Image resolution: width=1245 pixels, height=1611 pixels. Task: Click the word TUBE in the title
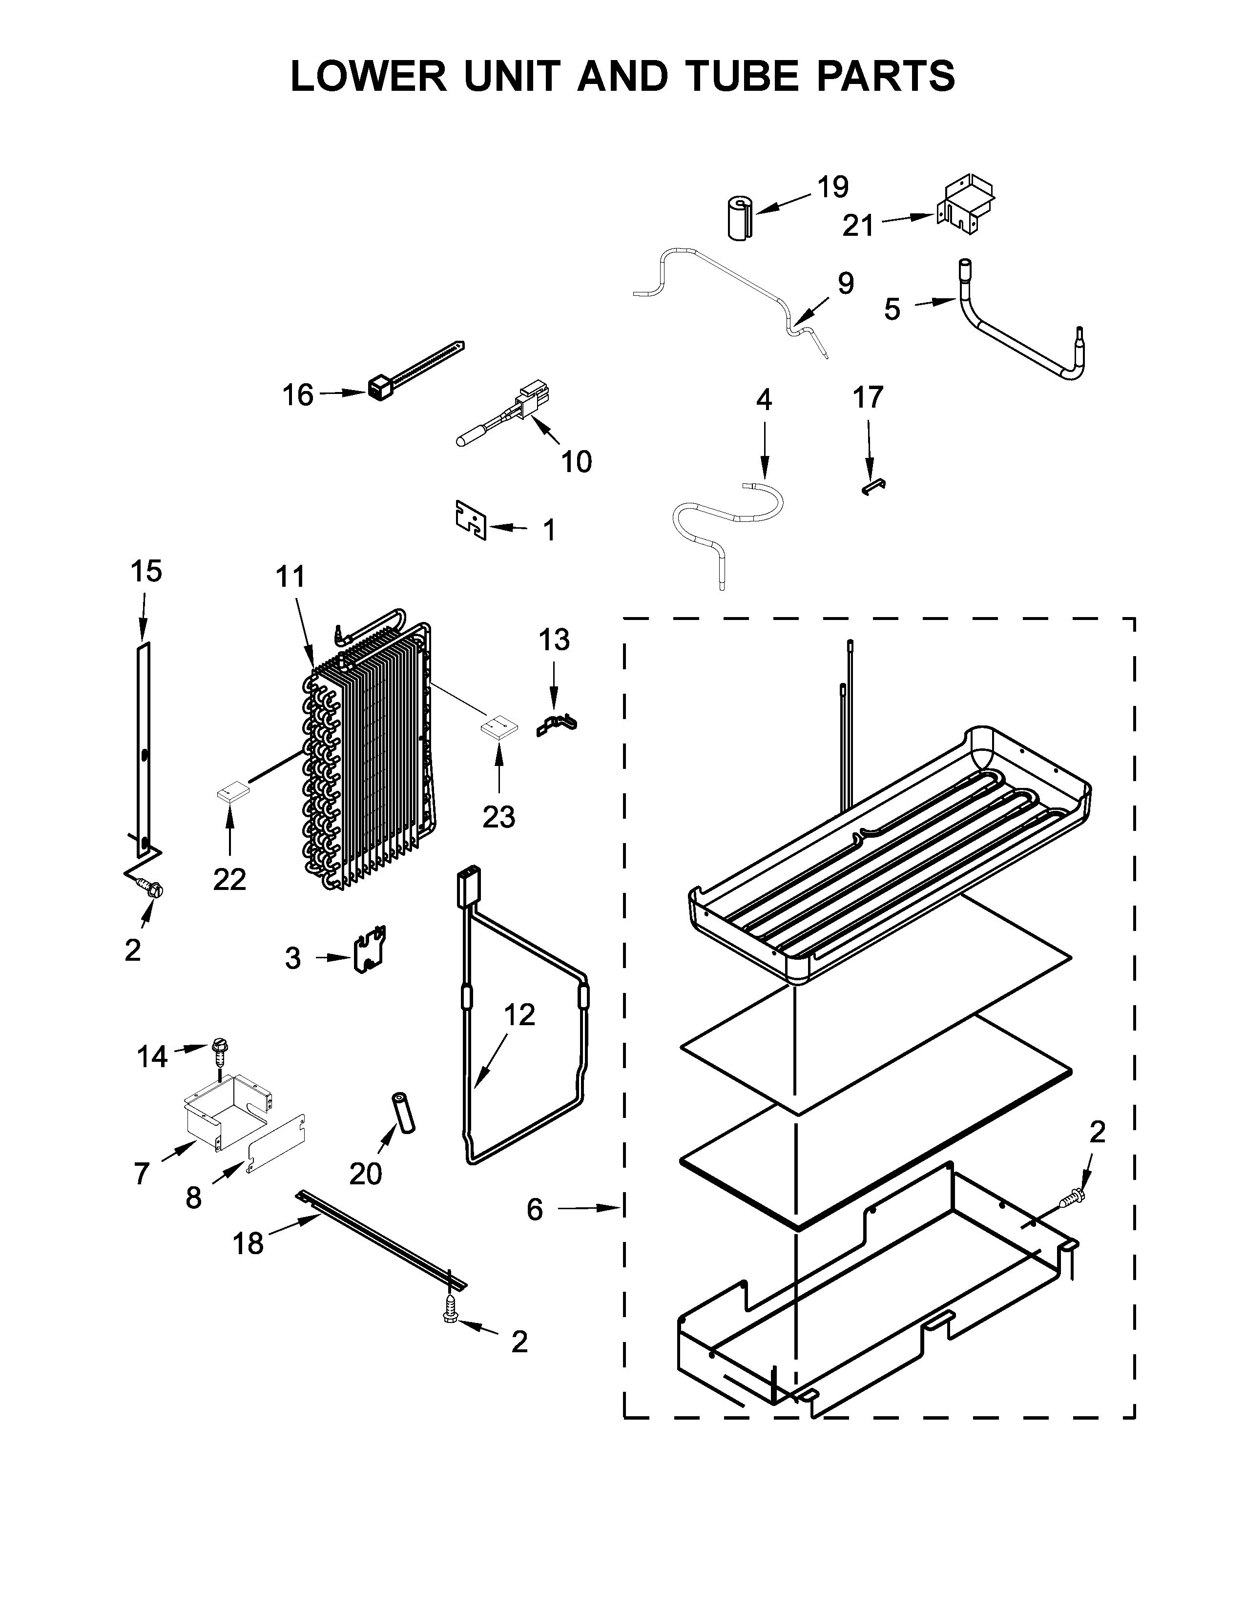click(x=741, y=76)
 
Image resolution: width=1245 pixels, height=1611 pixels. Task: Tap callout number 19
click(x=833, y=187)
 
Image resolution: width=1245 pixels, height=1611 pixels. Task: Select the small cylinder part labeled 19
click(x=738, y=217)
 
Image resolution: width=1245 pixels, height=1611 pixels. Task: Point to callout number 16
click(x=298, y=395)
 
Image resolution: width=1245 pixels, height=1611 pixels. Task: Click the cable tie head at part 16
click(x=378, y=388)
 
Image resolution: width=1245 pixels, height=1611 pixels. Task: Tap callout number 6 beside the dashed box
click(x=535, y=1210)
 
